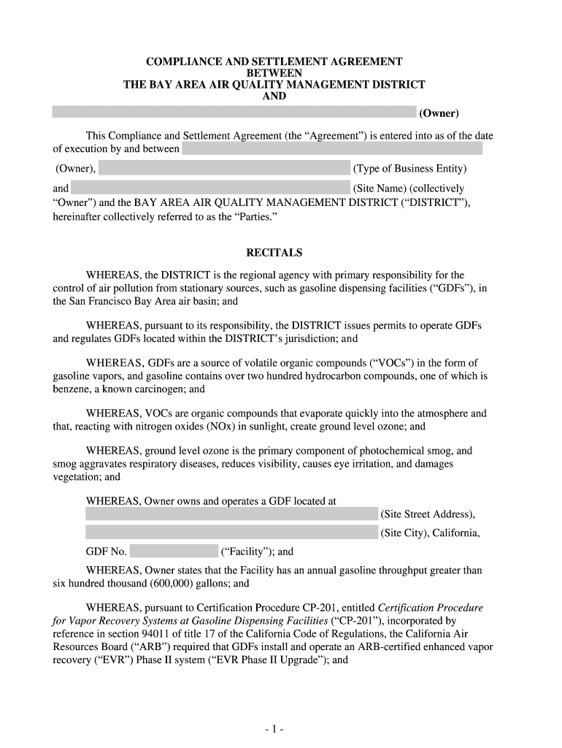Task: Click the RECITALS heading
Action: click(x=274, y=253)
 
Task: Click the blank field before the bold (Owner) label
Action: click(x=234, y=112)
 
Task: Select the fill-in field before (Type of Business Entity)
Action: click(x=224, y=169)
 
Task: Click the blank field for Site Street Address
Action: click(x=231, y=514)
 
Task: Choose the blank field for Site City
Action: click(x=231, y=533)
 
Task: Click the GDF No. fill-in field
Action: click(x=174, y=552)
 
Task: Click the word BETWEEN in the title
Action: click(x=274, y=73)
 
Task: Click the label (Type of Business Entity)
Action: click(x=409, y=169)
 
